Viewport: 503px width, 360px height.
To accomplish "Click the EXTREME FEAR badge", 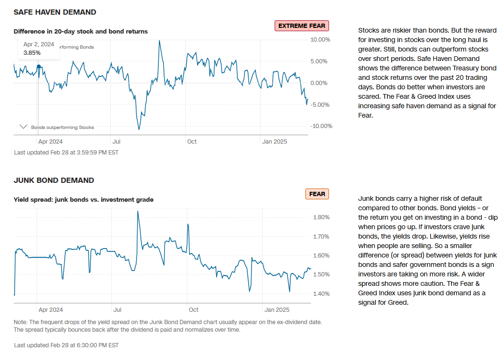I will pyautogui.click(x=301, y=26).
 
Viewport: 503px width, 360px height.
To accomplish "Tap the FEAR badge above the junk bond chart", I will pyautogui.click(x=317, y=194).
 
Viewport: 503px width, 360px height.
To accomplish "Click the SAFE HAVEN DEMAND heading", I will pyautogui.click(x=55, y=12).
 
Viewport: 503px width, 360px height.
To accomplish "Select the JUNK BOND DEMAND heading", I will pyautogui.click(x=54, y=180).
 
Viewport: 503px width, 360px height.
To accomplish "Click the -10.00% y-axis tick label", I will pyautogui.click(x=321, y=126).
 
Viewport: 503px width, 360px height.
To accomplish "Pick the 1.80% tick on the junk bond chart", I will pyautogui.click(x=321, y=217).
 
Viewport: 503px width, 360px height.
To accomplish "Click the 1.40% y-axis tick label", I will pyautogui.click(x=321, y=293).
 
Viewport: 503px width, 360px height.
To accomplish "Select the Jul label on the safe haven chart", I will pyautogui.click(x=117, y=141).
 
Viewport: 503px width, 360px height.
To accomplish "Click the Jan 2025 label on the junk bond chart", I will pyautogui.click(x=276, y=310).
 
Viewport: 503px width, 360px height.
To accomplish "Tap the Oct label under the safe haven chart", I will pyautogui.click(x=191, y=141).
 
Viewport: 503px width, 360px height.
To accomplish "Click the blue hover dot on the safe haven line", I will pyautogui.click(x=39, y=67).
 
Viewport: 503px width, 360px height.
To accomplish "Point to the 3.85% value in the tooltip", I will pyautogui.click(x=32, y=53).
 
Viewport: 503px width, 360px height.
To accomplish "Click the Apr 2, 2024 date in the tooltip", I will pyautogui.click(x=39, y=44).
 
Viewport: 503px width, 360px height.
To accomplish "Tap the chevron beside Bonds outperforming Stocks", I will pyautogui.click(x=23, y=127).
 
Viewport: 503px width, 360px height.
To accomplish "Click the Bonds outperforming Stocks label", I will pyautogui.click(x=62, y=127).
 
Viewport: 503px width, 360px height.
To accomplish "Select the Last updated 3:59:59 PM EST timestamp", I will pyautogui.click(x=66, y=153).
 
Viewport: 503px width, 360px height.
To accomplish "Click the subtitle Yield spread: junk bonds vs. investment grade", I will pyautogui.click(x=84, y=199).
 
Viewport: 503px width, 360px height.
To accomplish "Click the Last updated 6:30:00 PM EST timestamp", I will pyautogui.click(x=66, y=345).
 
